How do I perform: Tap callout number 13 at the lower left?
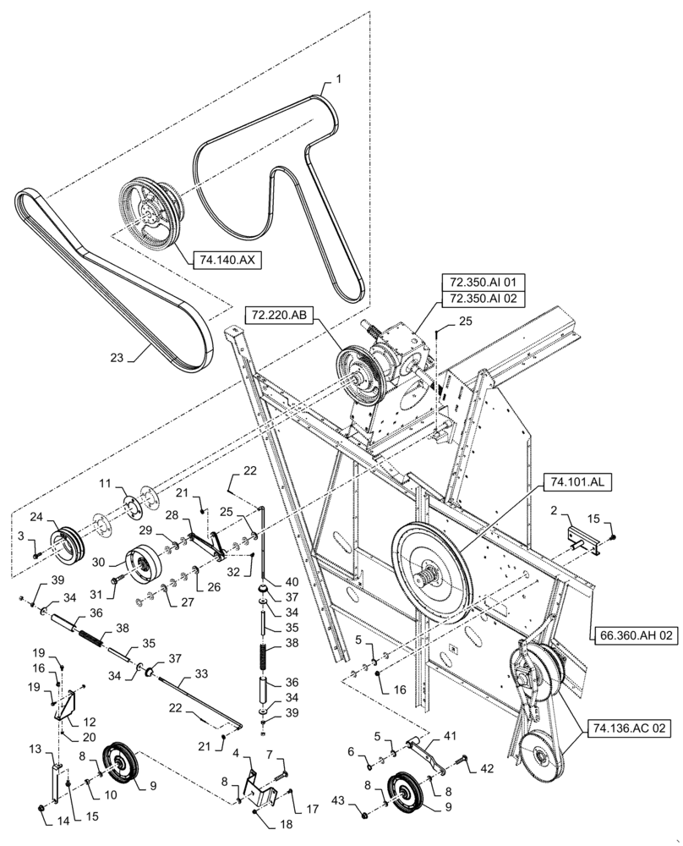(36, 750)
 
